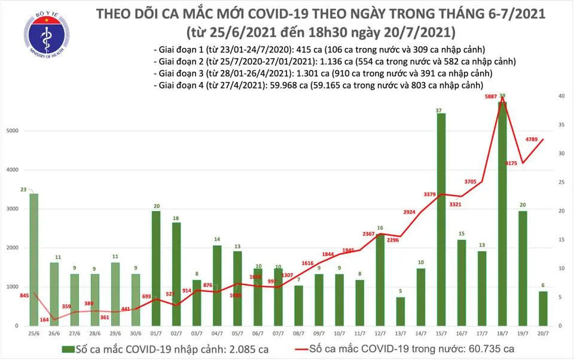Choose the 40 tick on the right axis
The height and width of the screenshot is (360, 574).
(561, 96)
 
